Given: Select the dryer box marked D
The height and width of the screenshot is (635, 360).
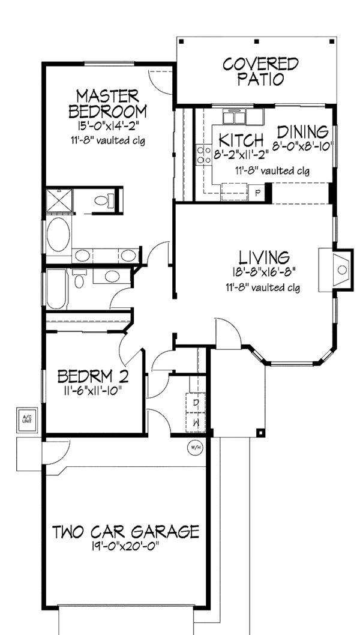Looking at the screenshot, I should click(x=196, y=403).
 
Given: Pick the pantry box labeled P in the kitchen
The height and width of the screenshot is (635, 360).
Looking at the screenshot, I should click(x=257, y=193).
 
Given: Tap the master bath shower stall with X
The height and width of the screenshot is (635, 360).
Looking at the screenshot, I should click(x=58, y=200).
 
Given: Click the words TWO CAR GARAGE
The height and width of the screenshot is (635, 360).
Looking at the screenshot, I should click(x=125, y=532).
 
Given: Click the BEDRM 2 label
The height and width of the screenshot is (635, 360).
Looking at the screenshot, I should click(x=93, y=377).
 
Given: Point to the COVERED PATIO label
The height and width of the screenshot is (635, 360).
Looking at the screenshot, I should click(x=260, y=71).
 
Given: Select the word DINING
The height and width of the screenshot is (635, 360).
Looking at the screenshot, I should click(x=303, y=131).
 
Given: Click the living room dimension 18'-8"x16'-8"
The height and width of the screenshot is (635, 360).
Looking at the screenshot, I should click(x=265, y=272).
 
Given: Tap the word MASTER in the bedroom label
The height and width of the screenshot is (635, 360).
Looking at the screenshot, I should click(x=107, y=96).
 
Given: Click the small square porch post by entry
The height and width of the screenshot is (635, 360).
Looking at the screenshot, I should click(x=260, y=432).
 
